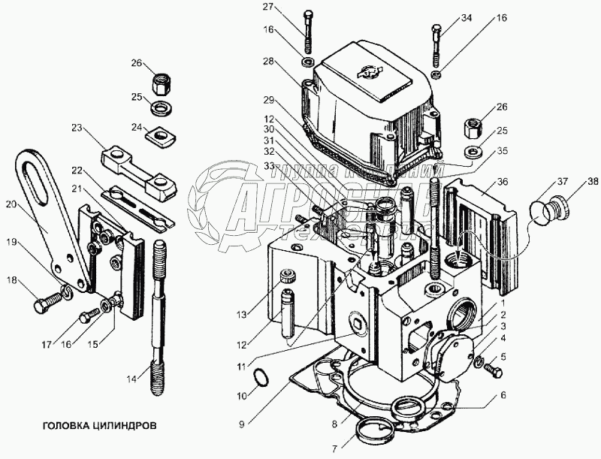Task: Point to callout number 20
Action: click(x=10, y=203)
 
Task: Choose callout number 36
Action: click(x=503, y=181)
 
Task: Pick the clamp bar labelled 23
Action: click(x=136, y=167)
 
